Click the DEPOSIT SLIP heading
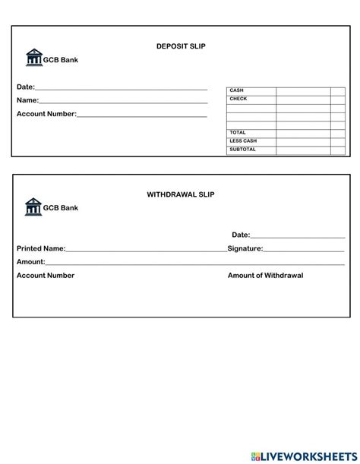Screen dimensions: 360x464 pyautogui.click(x=181, y=46)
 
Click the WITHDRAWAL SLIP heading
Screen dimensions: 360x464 pyautogui.click(x=181, y=194)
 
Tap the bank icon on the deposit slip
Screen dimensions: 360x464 pyautogui.click(x=33, y=58)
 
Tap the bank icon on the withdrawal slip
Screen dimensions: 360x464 pyautogui.click(x=33, y=206)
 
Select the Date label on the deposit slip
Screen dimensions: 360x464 pyautogui.click(x=25, y=87)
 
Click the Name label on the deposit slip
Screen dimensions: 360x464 pyautogui.click(x=27, y=100)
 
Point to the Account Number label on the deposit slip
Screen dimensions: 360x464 pyautogui.click(x=46, y=114)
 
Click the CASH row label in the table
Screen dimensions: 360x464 pyautogui.click(x=236, y=90)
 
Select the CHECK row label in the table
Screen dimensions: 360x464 pyautogui.click(x=238, y=99)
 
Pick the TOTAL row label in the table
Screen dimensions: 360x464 pyautogui.click(x=238, y=132)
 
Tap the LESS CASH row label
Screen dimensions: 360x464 pyautogui.click(x=243, y=140)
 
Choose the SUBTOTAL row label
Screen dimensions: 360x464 pyautogui.click(x=242, y=149)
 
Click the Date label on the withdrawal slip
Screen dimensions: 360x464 pyautogui.click(x=240, y=235)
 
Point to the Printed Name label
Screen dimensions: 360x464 pyautogui.click(x=41, y=248)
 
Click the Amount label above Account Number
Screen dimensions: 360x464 pyautogui.click(x=30, y=262)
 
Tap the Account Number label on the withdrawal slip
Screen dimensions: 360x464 pyautogui.click(x=46, y=276)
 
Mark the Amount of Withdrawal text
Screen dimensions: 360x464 pyautogui.click(x=265, y=276)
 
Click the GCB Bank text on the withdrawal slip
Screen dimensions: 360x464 pyautogui.click(x=60, y=207)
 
